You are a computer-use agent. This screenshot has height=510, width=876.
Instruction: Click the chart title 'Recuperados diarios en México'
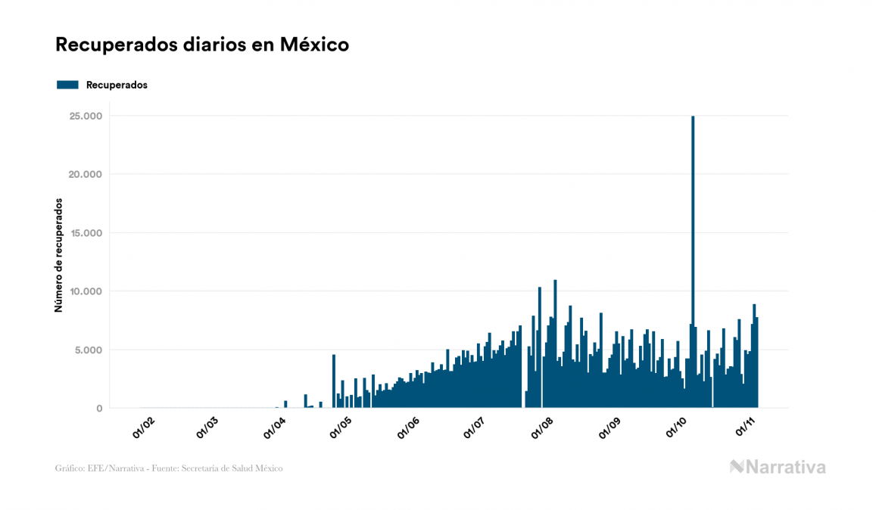click(x=202, y=45)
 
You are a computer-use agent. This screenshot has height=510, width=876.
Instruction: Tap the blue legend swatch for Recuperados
click(x=67, y=85)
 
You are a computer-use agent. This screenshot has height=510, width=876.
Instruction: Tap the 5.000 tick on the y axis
click(x=86, y=350)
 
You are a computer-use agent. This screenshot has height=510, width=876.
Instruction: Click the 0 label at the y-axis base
click(x=98, y=409)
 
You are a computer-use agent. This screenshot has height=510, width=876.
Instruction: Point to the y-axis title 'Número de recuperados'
click(x=58, y=256)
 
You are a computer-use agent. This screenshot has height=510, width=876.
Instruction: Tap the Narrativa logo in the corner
click(x=778, y=467)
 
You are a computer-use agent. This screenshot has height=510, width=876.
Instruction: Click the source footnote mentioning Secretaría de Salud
click(x=169, y=468)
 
